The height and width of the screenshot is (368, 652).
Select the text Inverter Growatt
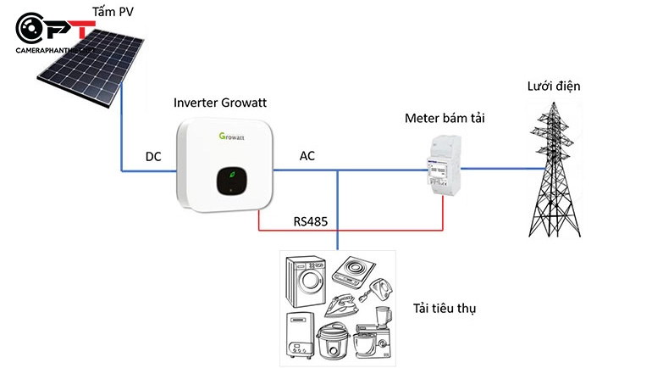tap(220, 103)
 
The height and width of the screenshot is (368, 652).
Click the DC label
tap(153, 157)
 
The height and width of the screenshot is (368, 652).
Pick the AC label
tap(307, 156)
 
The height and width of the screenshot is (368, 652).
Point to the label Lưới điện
tap(554, 86)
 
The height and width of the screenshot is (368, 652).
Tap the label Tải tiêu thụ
tap(445, 308)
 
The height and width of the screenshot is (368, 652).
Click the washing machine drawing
tap(304, 283)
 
